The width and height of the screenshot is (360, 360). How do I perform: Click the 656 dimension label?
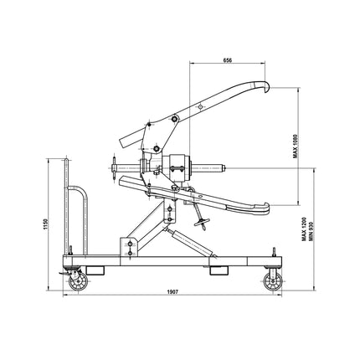tap(227, 59)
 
